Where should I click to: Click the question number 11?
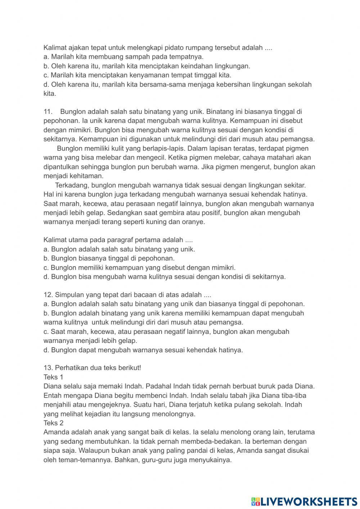click(x=48, y=112)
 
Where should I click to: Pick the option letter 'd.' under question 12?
click(x=46, y=350)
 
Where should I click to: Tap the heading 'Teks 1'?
click(x=53, y=377)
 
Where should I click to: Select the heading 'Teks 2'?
click(x=53, y=423)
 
